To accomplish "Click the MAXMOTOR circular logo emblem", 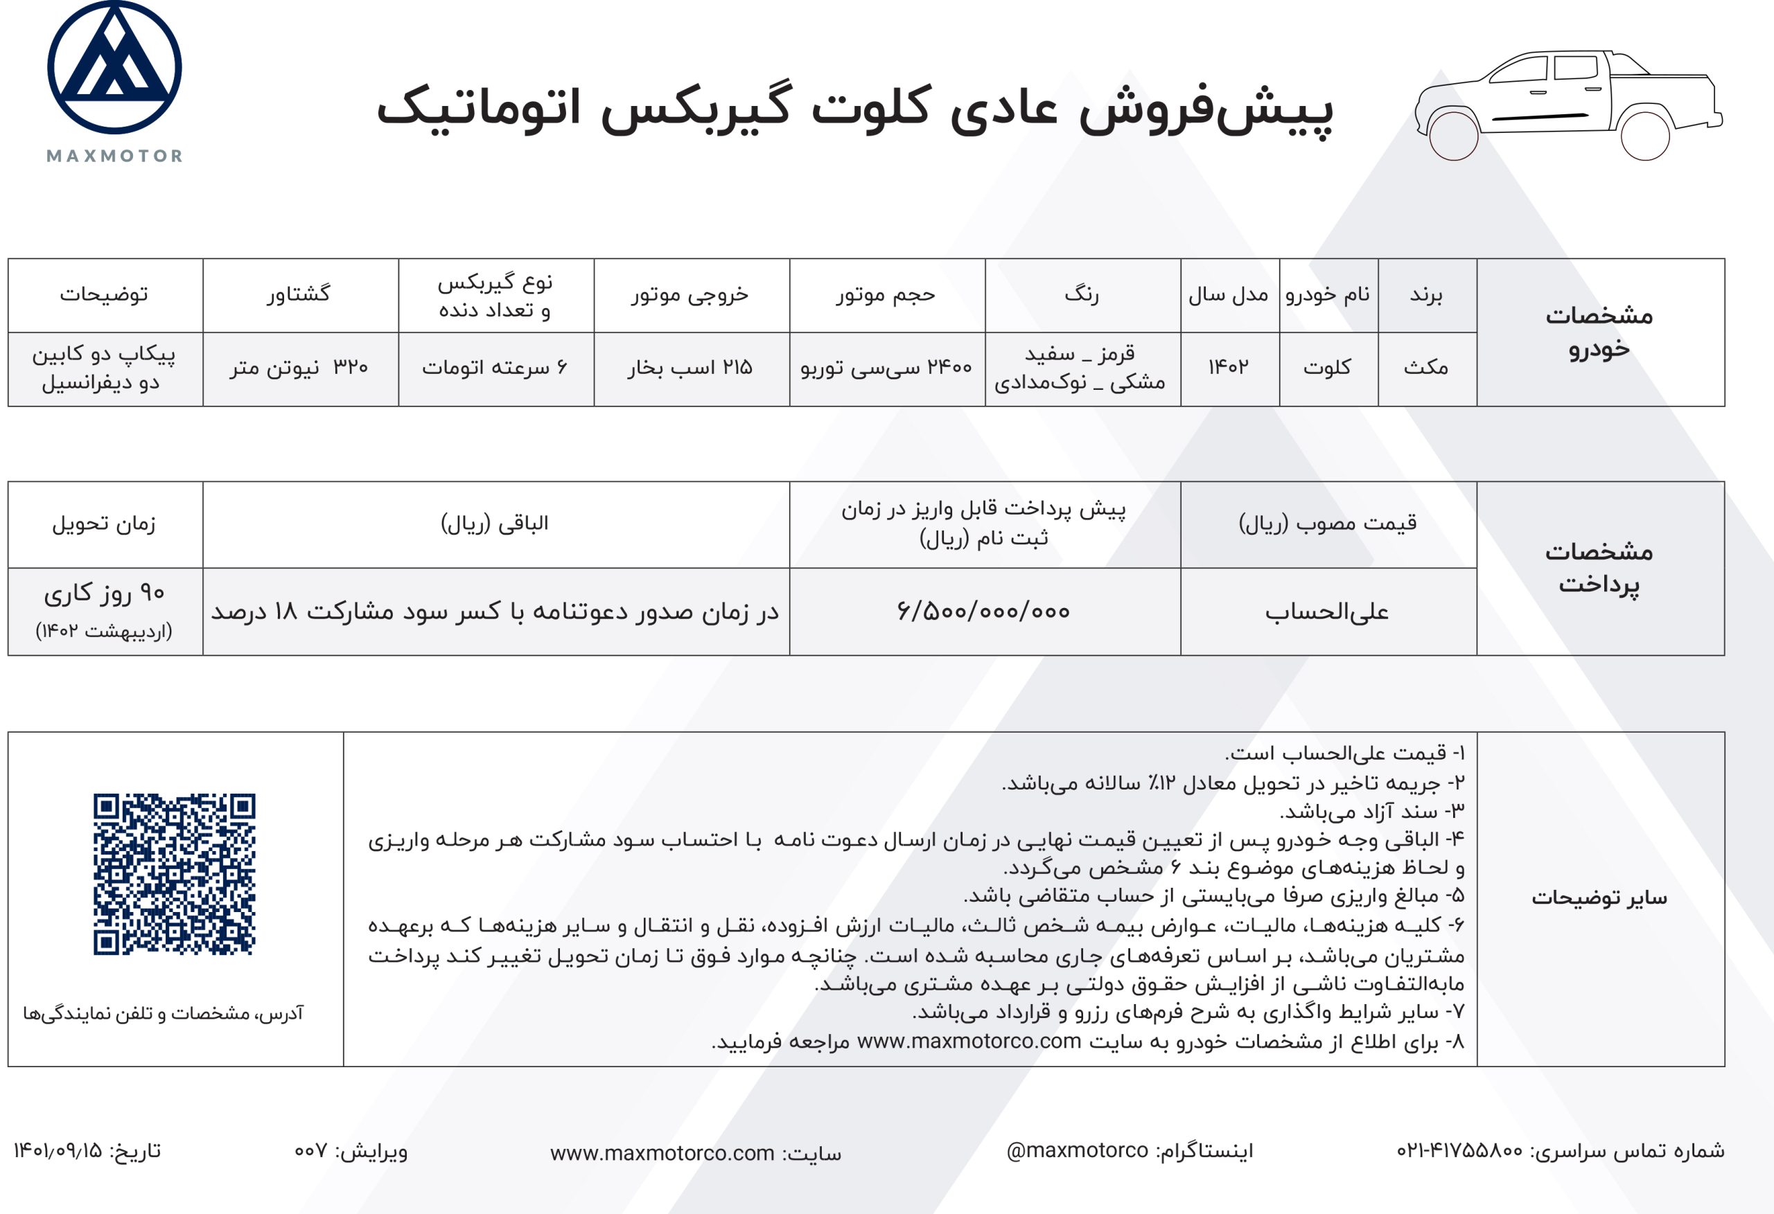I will [x=114, y=67].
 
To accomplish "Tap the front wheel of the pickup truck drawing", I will [x=1452, y=136].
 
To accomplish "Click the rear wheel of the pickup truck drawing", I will [x=1645, y=136].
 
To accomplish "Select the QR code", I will [x=174, y=874].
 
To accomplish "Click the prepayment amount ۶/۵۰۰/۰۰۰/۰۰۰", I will [x=984, y=612].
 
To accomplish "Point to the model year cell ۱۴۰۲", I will [x=1229, y=368].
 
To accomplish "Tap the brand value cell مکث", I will [x=1426, y=368].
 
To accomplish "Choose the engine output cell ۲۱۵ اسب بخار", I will [x=691, y=368].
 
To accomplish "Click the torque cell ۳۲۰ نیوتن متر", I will [x=299, y=368].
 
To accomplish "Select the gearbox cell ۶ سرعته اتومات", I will [x=495, y=368].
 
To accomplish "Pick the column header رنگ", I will [x=1082, y=294].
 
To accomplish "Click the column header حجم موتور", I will [x=886, y=294].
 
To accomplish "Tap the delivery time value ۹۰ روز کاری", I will [x=105, y=593].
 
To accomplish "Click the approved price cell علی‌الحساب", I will [x=1328, y=612].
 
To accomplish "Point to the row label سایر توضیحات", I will [x=1599, y=898].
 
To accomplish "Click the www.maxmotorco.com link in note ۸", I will [x=969, y=1042].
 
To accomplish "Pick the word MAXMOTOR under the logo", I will [x=114, y=157].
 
